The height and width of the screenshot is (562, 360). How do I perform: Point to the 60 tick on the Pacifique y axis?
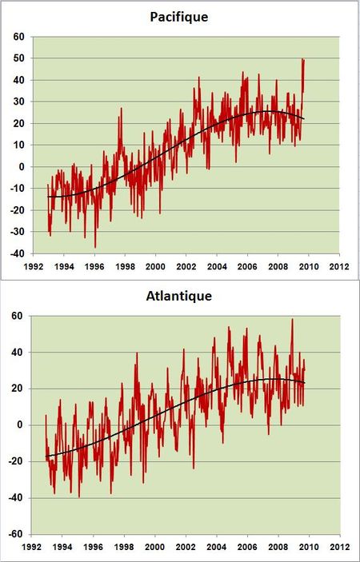(x=18, y=37)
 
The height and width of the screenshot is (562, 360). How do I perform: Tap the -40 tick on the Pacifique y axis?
(x=17, y=253)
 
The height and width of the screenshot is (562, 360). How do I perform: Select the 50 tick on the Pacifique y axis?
(x=18, y=58)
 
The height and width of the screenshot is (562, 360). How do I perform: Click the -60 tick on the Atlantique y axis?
(x=17, y=535)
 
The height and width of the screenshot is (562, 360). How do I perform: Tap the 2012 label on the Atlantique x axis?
(x=338, y=548)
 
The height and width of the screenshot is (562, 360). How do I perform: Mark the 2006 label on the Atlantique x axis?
(x=247, y=548)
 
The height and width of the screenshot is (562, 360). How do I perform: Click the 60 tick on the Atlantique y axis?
(x=18, y=316)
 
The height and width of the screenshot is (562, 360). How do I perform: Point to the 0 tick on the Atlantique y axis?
(x=22, y=425)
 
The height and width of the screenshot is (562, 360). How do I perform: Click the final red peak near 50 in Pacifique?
(x=303, y=59)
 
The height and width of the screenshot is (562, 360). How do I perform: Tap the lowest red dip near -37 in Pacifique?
(x=95, y=247)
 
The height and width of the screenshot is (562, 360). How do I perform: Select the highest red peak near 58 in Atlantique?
(x=291, y=320)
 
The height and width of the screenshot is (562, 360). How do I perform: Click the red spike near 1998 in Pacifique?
(x=122, y=109)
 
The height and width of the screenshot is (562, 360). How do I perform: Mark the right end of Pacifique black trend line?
(x=304, y=118)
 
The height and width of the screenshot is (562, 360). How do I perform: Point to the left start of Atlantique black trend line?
(x=46, y=456)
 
